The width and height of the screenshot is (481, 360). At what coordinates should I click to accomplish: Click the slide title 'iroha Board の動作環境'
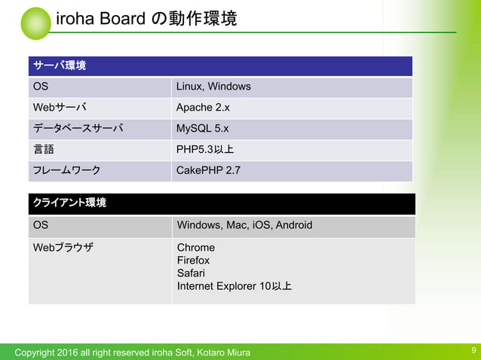pos(146,19)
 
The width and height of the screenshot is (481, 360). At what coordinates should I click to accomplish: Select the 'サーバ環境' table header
pos(59,66)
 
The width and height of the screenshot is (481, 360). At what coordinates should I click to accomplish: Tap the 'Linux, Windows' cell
pos(213,87)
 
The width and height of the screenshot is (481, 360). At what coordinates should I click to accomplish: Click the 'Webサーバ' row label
pos(59,108)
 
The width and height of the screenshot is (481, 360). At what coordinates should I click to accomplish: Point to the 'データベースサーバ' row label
pos(77,129)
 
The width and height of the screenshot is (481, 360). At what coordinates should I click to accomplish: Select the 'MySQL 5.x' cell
pos(203,129)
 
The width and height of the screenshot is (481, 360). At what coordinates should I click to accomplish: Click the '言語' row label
pos(43,149)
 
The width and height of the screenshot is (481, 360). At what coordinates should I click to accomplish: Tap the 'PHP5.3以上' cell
pos(205,149)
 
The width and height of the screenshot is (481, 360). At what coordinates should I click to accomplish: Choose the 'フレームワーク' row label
pos(66,170)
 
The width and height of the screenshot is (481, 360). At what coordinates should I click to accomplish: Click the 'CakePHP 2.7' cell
pos(208,170)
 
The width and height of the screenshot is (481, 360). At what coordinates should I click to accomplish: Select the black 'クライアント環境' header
pos(69,203)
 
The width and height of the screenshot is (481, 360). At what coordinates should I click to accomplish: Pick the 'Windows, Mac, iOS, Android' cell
pos(244,225)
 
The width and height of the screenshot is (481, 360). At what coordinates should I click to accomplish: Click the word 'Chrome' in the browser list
pos(195,248)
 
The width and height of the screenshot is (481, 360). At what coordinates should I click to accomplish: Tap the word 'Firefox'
pos(193,261)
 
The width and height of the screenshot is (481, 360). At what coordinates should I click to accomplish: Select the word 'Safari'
pos(190,273)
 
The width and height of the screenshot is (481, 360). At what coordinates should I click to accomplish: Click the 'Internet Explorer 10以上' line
pos(234,286)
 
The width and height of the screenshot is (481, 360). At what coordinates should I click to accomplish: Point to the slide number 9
pos(473,350)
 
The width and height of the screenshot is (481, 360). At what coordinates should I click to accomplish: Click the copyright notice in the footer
pos(133,352)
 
